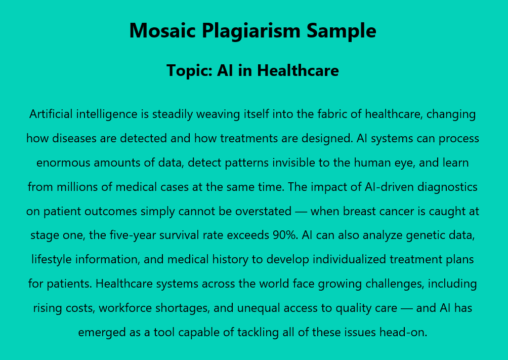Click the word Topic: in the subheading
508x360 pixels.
point(189,71)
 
